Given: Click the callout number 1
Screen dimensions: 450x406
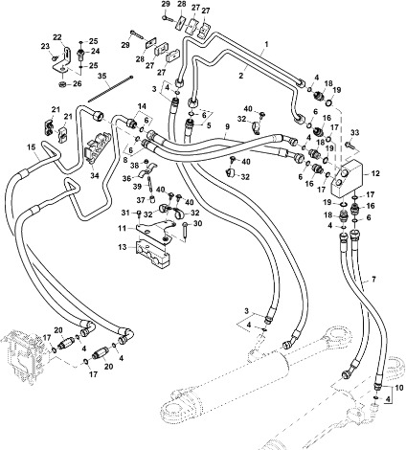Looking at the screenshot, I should pyautogui.click(x=266, y=44).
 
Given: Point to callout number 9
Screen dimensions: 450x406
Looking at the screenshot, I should pyautogui.click(x=226, y=126).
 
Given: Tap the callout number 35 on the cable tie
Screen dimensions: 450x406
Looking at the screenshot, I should pyautogui.click(x=102, y=75).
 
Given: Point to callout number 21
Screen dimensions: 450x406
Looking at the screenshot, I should pyautogui.click(x=55, y=111).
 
